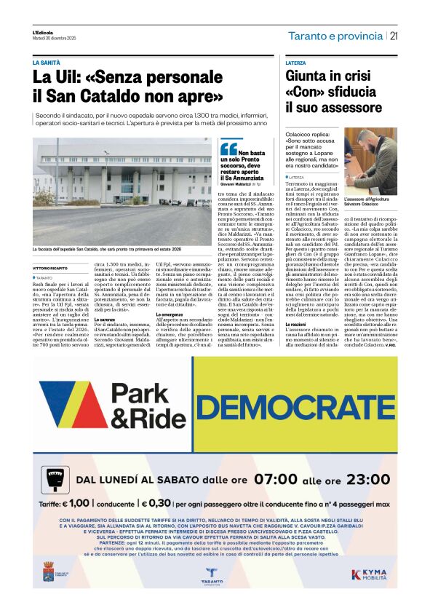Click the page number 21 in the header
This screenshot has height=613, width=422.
(x=394, y=36)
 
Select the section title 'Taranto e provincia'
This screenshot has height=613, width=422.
(x=334, y=36)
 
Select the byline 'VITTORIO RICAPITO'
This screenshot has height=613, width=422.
(x=54, y=269)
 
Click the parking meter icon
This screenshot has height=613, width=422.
(x=52, y=480)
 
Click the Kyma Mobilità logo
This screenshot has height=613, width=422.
(x=373, y=574)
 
